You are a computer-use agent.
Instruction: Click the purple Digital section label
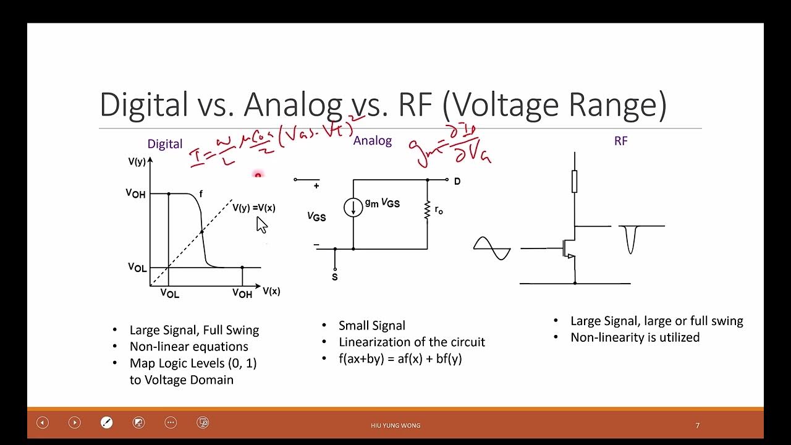[x=164, y=144]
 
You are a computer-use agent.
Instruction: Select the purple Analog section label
[x=372, y=141]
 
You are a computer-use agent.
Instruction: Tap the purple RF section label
[x=620, y=141]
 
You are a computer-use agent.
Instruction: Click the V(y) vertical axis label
[x=137, y=162]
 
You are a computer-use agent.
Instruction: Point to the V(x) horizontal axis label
[x=271, y=291]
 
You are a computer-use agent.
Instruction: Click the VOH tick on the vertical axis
[x=136, y=193]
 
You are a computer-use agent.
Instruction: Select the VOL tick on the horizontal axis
[x=169, y=294]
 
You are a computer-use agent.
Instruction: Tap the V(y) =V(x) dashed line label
[x=253, y=208]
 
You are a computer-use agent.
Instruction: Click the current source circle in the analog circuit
[x=353, y=208]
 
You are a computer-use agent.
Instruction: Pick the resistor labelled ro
[x=427, y=210]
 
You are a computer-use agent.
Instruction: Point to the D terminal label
[x=457, y=182]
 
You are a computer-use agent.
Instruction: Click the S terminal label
[x=335, y=277]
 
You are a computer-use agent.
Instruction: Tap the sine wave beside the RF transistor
[x=492, y=248]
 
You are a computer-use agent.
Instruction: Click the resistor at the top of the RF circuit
[x=575, y=182]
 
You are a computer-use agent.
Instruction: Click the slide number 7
[x=698, y=425]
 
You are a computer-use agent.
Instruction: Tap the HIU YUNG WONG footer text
[x=395, y=425]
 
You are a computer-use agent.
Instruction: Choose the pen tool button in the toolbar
[x=106, y=423]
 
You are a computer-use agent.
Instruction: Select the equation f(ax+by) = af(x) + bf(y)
[x=400, y=358]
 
